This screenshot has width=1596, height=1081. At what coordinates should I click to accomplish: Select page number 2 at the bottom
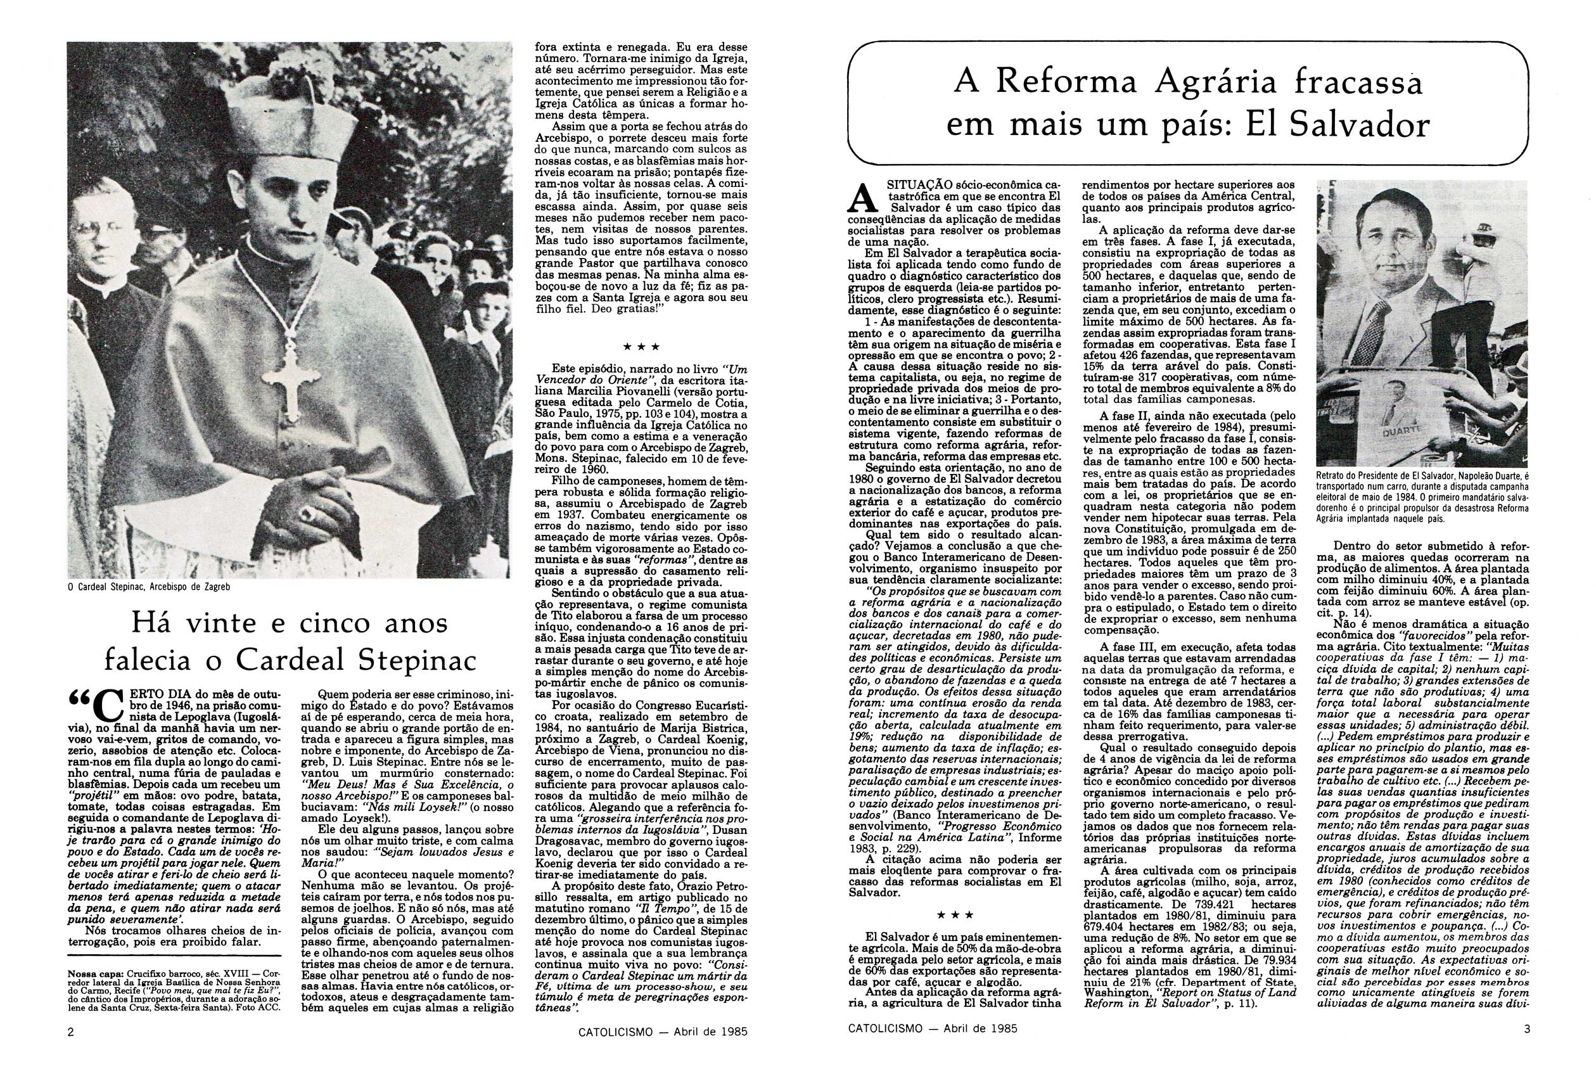pos(71,1030)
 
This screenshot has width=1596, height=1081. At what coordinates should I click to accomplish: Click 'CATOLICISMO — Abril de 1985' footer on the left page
pos(661,1031)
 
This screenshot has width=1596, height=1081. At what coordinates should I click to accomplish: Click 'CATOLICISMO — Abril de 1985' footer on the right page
pos(932,1028)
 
